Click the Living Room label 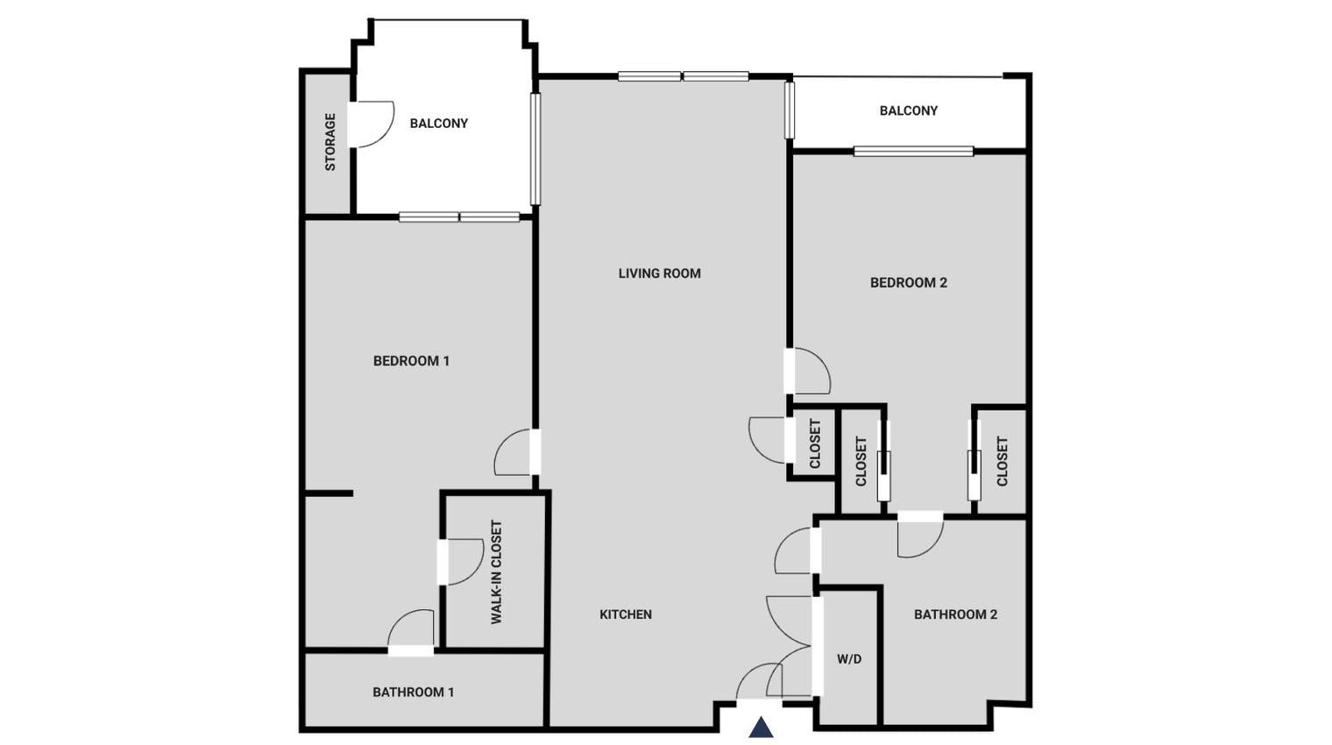[659, 273]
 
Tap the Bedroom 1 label [411, 361]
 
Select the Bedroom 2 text [908, 282]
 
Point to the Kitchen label [625, 614]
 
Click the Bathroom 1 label [413, 692]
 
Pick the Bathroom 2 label [955, 614]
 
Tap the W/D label [848, 659]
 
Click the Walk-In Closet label [497, 572]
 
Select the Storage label [330, 142]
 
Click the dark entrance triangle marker [761, 727]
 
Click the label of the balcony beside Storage [438, 124]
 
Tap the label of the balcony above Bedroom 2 [908, 110]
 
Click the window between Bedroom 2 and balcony [913, 151]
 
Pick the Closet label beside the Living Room [815, 443]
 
